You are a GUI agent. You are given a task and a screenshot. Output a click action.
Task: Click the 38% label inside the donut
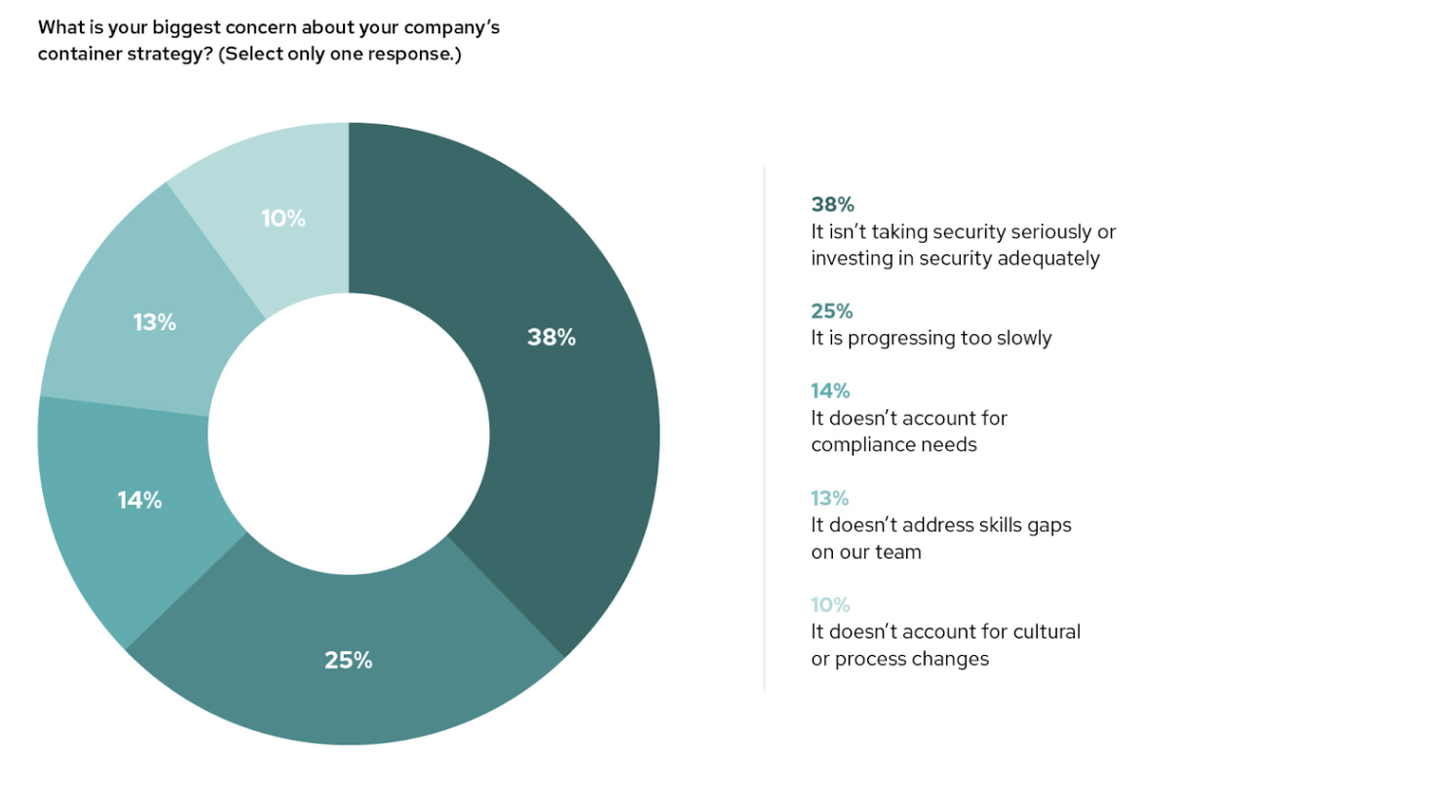pyautogui.click(x=551, y=337)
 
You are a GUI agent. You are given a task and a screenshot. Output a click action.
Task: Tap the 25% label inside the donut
pyautogui.click(x=349, y=660)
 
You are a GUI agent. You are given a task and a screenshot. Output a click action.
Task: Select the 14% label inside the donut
pyautogui.click(x=139, y=500)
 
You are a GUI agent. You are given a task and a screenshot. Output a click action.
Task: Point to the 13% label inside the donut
pyautogui.click(x=155, y=322)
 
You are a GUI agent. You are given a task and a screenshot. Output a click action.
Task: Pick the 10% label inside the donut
pyautogui.click(x=284, y=218)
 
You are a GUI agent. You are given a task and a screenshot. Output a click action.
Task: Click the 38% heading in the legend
pyautogui.click(x=832, y=205)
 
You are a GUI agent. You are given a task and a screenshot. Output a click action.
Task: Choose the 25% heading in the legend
pyautogui.click(x=831, y=311)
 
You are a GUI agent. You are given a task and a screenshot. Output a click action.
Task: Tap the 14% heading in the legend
pyautogui.click(x=830, y=391)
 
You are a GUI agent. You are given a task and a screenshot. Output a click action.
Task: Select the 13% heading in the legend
pyautogui.click(x=829, y=498)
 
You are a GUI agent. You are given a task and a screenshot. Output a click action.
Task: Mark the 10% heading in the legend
pyautogui.click(x=830, y=605)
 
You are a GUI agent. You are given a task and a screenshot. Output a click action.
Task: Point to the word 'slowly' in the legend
pyautogui.click(x=1021, y=338)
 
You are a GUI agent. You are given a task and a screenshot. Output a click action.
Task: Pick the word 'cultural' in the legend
pyautogui.click(x=1045, y=632)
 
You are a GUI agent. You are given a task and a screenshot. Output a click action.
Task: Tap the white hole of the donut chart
pyautogui.click(x=349, y=434)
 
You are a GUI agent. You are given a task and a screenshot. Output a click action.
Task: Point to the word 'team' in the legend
pyautogui.click(x=898, y=552)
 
